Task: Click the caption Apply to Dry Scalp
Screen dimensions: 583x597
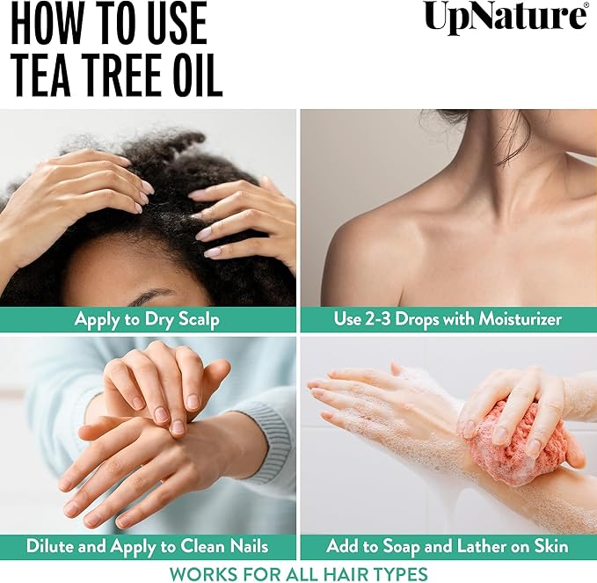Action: [x=147, y=319]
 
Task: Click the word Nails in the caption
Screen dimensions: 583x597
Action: [x=246, y=546]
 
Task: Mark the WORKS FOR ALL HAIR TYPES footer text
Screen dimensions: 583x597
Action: [x=298, y=573]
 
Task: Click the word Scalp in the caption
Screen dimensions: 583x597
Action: [x=194, y=319]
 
